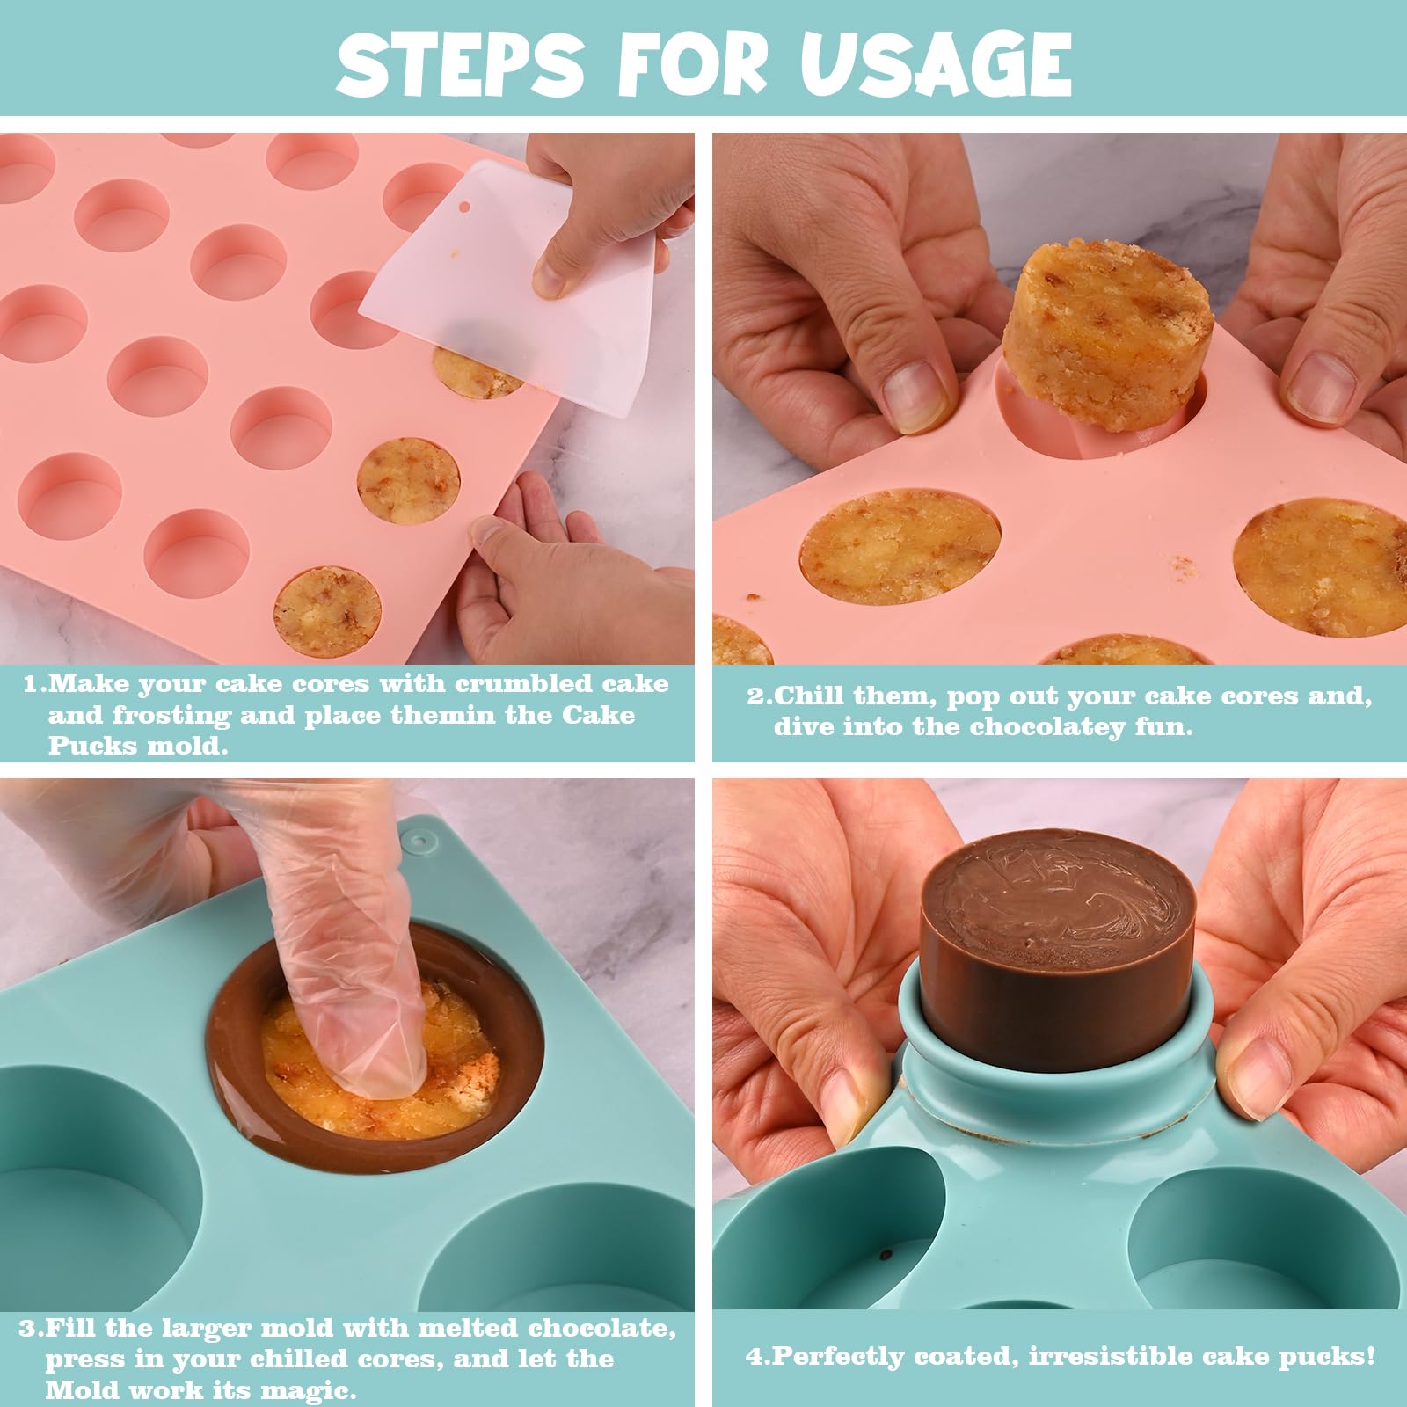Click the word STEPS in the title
(459, 63)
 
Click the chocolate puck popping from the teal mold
(1055, 950)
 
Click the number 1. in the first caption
(35, 684)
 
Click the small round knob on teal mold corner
(421, 841)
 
